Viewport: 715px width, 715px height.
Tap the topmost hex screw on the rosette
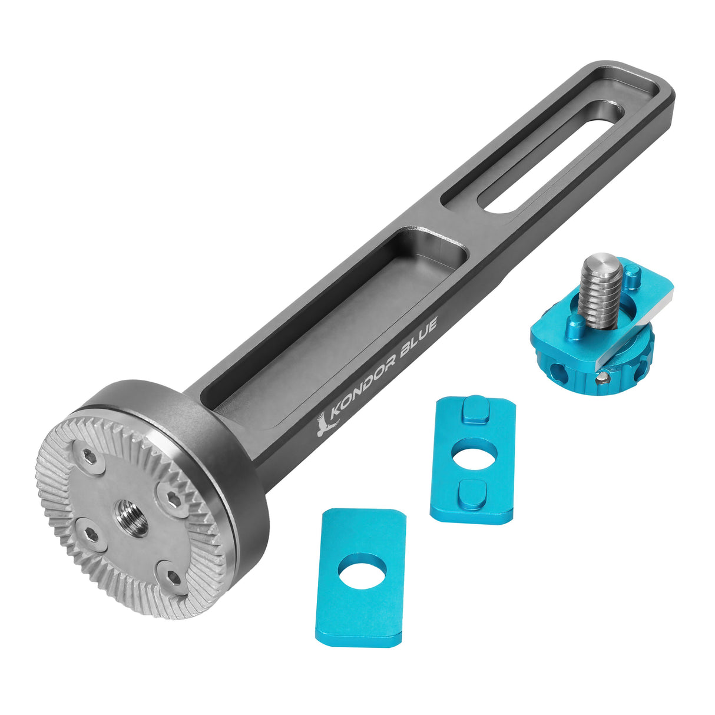tap(88, 456)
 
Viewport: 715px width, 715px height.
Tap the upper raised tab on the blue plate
tap(475, 411)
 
